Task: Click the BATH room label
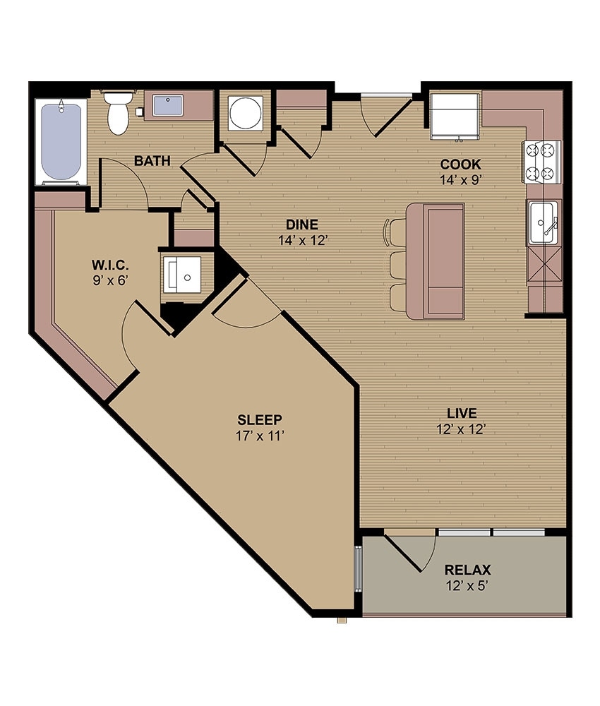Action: pos(152,161)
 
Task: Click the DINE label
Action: pos(301,225)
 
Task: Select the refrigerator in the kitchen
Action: pos(455,114)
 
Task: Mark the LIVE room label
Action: pos(462,413)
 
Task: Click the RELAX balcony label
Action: pos(467,570)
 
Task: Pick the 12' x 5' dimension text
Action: pos(467,585)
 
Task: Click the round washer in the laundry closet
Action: pos(245,112)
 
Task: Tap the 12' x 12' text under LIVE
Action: pos(462,429)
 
